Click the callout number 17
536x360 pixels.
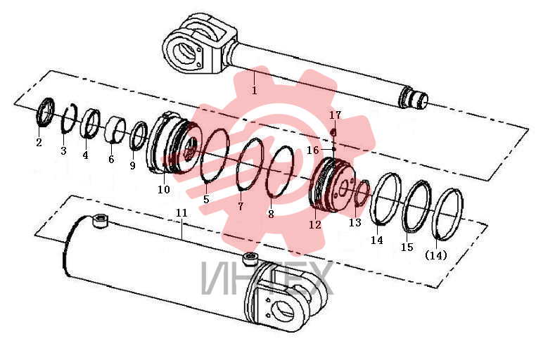[x=336, y=115]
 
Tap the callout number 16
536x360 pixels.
[x=312, y=150]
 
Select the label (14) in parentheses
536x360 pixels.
[x=436, y=255]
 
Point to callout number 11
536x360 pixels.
[x=181, y=213]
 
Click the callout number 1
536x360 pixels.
[x=255, y=91]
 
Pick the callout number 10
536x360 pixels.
[x=164, y=189]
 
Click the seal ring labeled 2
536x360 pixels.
[x=45, y=112]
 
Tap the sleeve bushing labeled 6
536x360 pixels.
[x=115, y=129]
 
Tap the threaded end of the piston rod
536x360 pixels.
[x=414, y=98]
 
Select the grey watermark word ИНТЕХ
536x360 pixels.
[x=267, y=278]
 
